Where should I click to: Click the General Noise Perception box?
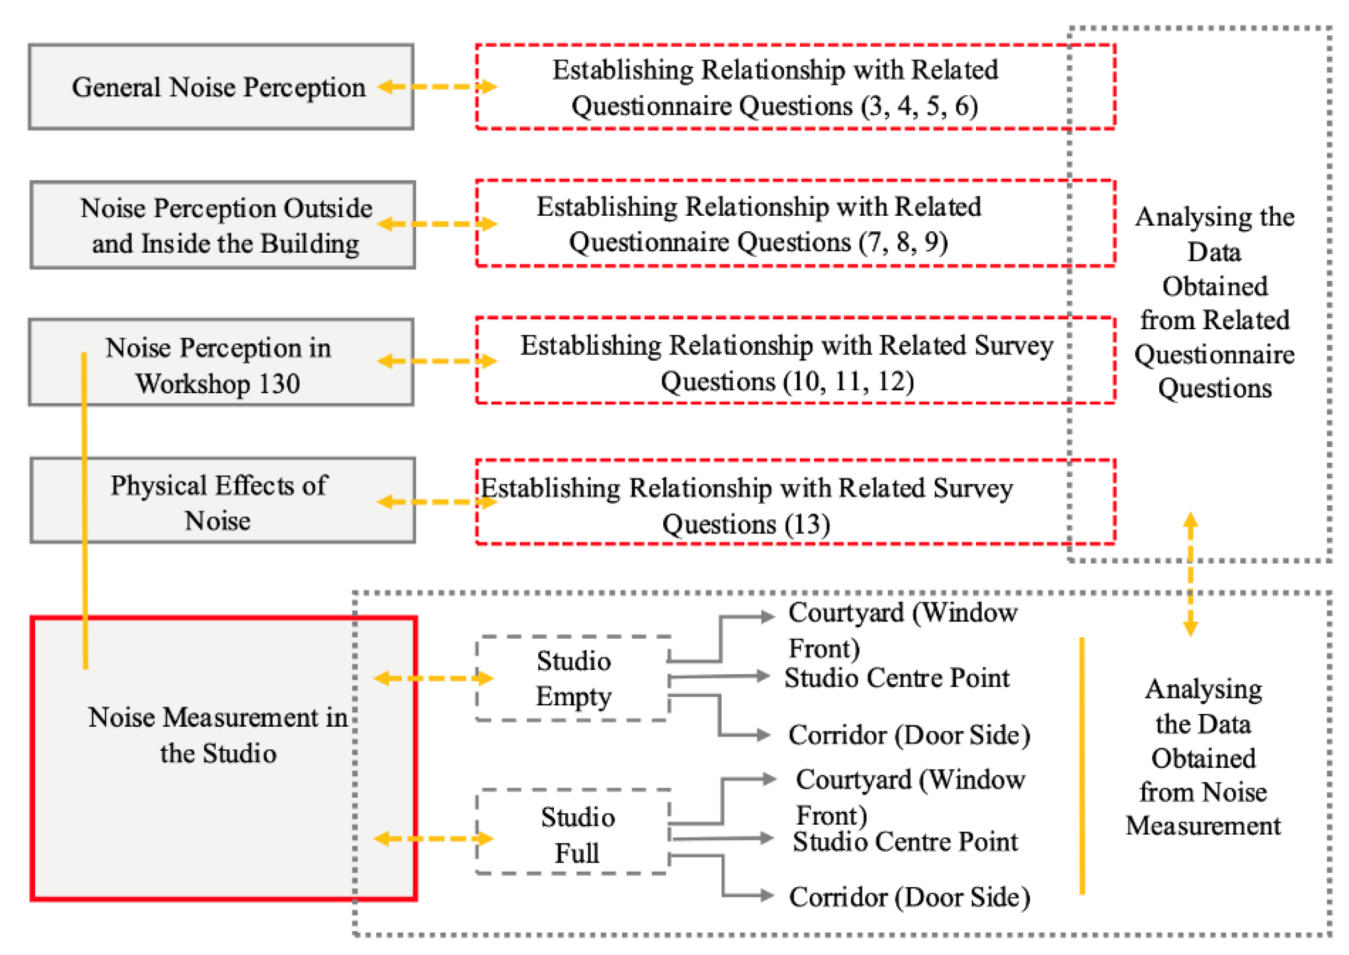tap(220, 87)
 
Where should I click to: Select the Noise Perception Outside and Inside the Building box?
tap(223, 225)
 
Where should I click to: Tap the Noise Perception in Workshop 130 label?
tap(219, 365)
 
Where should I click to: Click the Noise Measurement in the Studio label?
tap(218, 735)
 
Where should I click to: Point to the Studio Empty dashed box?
tap(573, 679)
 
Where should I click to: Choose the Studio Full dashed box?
tap(576, 835)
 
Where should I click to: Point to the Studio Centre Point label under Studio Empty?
tap(897, 678)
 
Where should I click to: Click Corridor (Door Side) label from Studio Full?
tap(909, 897)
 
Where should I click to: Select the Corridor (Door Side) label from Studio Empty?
tap(909, 735)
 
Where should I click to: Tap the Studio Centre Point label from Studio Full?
tap(905, 841)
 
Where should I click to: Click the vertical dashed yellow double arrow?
tap(1190, 574)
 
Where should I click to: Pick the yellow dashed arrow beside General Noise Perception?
tap(437, 87)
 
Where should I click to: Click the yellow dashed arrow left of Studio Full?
tap(434, 839)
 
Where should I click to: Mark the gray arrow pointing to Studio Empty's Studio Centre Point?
tap(719, 677)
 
